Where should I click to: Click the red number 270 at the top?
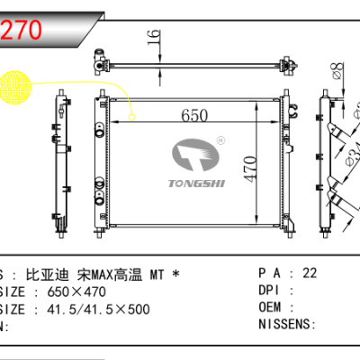click(23, 28)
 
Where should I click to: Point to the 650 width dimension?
click(193, 115)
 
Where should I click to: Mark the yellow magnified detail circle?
click(16, 90)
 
